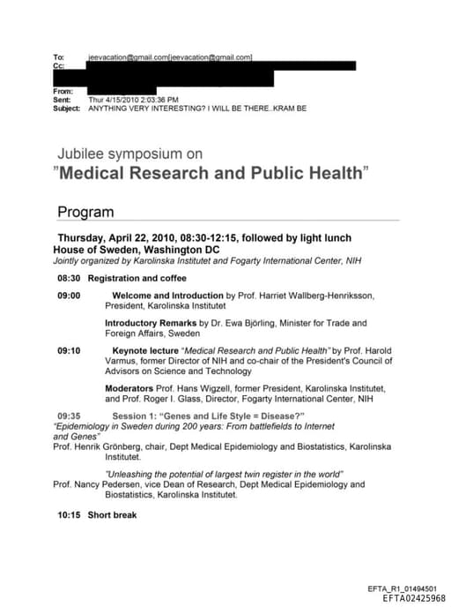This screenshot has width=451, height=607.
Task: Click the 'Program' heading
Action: click(85, 213)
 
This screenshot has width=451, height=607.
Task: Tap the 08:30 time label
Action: click(70, 278)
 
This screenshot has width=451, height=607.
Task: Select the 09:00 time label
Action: click(70, 296)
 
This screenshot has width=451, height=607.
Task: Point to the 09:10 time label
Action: click(70, 350)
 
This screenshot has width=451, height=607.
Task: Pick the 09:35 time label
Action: click(70, 416)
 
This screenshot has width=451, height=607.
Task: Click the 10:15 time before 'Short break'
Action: click(70, 514)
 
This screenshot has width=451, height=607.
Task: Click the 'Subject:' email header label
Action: click(69, 109)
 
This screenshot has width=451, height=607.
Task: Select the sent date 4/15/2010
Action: click(123, 100)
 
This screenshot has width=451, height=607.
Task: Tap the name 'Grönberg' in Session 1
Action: click(120, 447)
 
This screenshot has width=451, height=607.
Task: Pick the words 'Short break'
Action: click(112, 514)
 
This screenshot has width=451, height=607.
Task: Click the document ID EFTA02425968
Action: click(414, 597)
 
